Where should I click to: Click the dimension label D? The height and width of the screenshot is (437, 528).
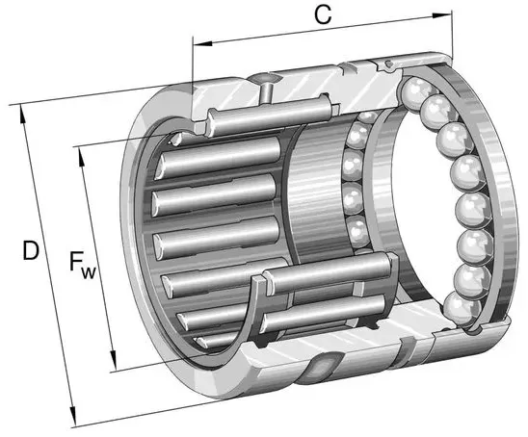coord(31,251)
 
